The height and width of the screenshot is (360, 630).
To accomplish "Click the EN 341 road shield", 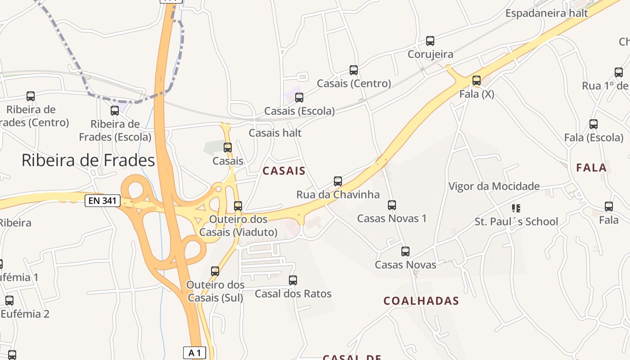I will coord(103,201).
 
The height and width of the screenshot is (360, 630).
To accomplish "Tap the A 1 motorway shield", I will coord(194,353).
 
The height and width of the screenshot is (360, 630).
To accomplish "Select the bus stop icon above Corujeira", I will coord(430,41).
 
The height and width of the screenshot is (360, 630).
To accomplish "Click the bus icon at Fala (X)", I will coord(477,81).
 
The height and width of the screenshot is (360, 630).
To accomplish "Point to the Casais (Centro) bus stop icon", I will coord(354,70).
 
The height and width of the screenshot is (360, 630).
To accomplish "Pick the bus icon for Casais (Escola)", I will coord(299,98).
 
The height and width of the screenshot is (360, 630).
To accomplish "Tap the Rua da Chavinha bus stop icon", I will coord(338,181).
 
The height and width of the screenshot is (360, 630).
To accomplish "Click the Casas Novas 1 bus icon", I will coord(392,205).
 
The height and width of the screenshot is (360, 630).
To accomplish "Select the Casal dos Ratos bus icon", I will coord(293,280).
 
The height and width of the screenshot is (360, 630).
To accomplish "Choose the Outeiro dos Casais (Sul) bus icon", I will coord(215,271).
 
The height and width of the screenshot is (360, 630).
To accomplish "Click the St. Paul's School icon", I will coord(516,208).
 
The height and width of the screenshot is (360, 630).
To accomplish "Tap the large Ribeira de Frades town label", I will coord(88,160).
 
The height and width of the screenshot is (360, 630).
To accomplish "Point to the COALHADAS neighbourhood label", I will coord(421,301).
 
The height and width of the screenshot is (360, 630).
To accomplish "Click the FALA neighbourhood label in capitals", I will coord(591,168).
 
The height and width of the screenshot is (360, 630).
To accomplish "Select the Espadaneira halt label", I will coord(546,13).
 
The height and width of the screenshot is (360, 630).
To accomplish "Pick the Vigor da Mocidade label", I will coord(494,186).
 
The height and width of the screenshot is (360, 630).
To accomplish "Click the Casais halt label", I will coord(275,133).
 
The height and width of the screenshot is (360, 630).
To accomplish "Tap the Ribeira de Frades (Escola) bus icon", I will coord(115,111).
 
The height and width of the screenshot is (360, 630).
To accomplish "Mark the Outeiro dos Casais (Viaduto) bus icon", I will coord(238,206).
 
